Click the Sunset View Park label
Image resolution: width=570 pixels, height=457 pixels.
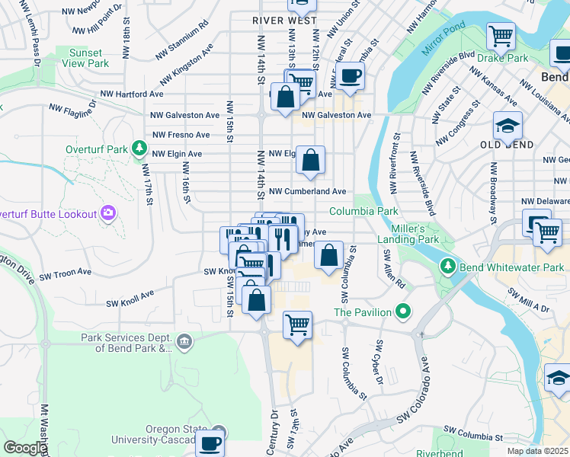85,58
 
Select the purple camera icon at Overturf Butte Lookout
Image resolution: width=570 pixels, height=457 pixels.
108,213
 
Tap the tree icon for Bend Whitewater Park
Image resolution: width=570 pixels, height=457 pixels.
447,267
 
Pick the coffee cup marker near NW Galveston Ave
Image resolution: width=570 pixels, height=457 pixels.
350,76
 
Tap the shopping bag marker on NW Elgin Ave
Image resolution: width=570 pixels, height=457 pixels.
310,161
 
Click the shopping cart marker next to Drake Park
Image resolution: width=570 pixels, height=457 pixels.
501,36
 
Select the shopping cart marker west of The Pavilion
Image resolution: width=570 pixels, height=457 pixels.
297,325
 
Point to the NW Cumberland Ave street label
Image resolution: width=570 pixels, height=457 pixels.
307,191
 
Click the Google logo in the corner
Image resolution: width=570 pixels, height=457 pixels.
24,448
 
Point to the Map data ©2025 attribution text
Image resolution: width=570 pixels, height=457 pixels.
537,451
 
